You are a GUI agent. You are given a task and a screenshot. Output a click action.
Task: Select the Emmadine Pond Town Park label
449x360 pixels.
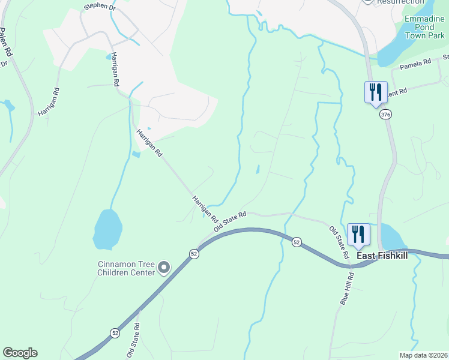tap(424, 27)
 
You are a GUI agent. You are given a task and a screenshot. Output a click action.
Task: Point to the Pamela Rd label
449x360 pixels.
tap(415, 63)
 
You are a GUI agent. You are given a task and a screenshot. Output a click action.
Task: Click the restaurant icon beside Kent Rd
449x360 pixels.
tap(375, 92)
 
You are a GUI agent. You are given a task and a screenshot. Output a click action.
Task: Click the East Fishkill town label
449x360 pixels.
tap(382, 256)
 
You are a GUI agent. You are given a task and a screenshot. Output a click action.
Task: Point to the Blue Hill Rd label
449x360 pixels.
tap(348, 289)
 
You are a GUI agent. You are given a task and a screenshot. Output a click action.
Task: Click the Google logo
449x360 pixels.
tap(20, 353)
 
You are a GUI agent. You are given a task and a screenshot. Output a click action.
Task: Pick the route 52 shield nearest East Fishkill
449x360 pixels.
tap(297, 241)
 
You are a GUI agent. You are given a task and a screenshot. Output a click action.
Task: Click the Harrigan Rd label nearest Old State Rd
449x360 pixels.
tap(204, 207)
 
